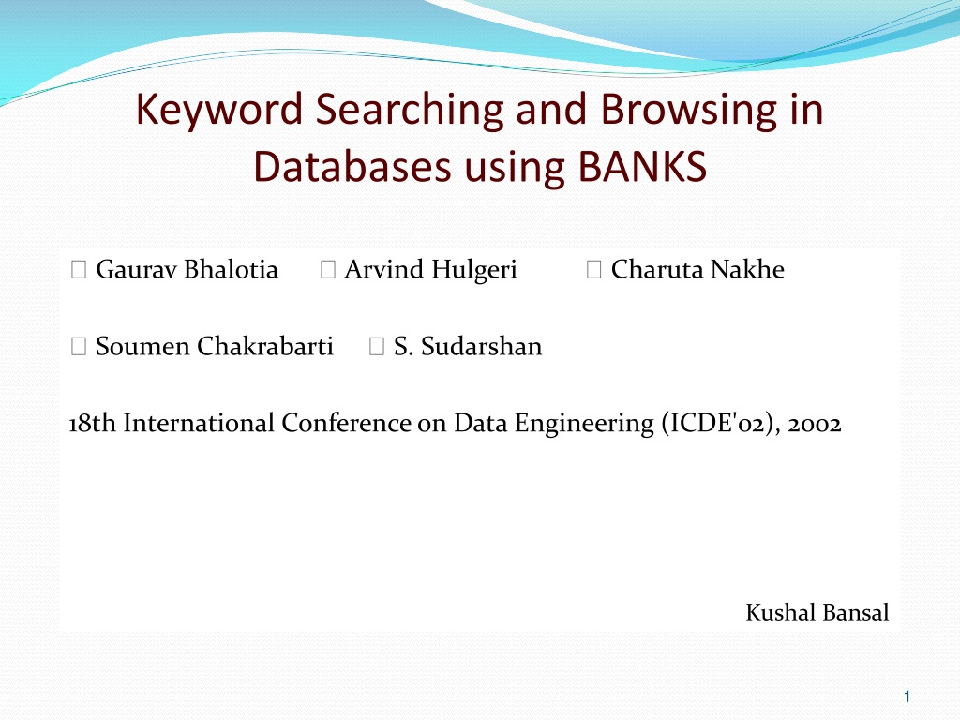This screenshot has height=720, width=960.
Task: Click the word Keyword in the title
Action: [x=219, y=110]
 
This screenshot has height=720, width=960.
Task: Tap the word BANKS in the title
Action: [x=642, y=166]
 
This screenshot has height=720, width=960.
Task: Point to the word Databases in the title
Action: [x=353, y=166]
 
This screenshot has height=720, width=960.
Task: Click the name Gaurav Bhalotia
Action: [x=187, y=269]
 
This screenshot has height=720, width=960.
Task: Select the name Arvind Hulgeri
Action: [x=430, y=270]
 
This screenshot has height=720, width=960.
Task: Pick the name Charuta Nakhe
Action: [x=697, y=269]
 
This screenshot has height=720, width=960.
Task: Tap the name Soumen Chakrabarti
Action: [x=215, y=346]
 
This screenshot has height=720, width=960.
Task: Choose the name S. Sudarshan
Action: [x=468, y=346]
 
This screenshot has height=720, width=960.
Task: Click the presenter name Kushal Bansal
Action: [x=817, y=612]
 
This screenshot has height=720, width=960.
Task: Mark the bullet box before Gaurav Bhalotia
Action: [x=79, y=269]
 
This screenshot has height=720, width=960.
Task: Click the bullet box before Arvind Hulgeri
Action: [x=327, y=269]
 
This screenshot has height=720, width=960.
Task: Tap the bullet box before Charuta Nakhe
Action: [x=593, y=269]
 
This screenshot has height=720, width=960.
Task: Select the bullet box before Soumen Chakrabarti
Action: [x=79, y=347]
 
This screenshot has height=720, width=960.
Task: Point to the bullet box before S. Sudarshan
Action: [x=377, y=347]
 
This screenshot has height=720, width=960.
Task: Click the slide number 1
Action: [x=907, y=697]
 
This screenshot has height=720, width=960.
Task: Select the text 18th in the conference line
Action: [x=92, y=423]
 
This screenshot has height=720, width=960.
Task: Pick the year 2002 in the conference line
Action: [x=815, y=424]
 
